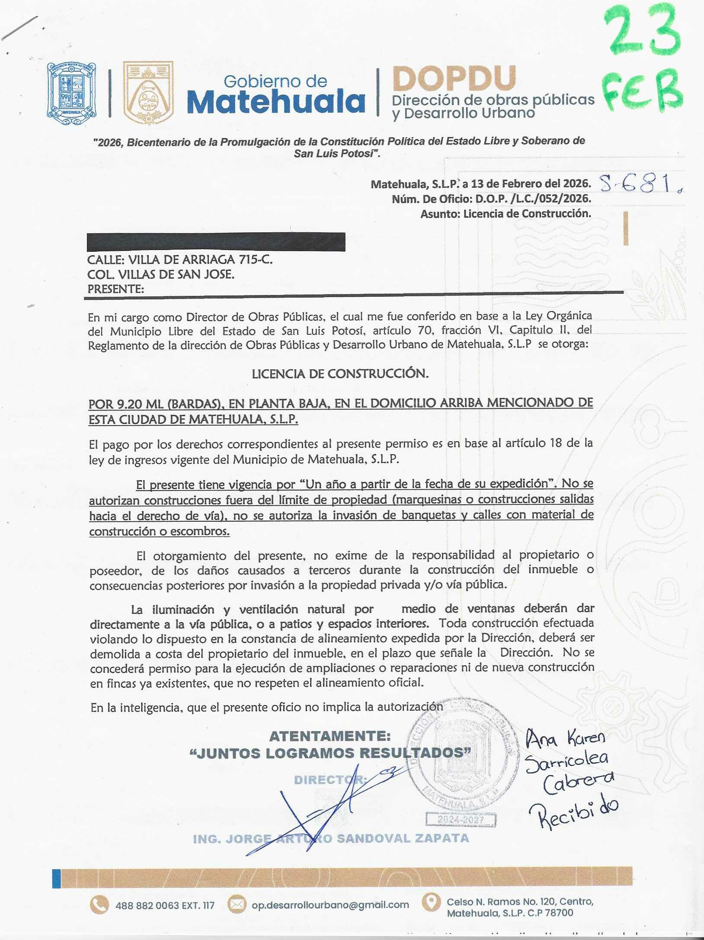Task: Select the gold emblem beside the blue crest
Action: (x=148, y=92)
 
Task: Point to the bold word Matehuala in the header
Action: (x=276, y=102)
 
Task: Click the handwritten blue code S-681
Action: (x=638, y=184)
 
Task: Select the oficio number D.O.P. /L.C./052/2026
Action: (x=533, y=199)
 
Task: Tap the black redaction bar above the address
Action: (x=216, y=242)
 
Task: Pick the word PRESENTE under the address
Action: (x=115, y=289)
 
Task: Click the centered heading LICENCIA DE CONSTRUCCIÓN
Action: (x=340, y=373)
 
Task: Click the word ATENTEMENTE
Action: (x=330, y=736)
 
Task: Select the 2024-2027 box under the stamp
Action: (x=460, y=820)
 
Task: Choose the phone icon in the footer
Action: (x=99, y=905)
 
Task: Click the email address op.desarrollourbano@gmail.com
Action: (x=330, y=905)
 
